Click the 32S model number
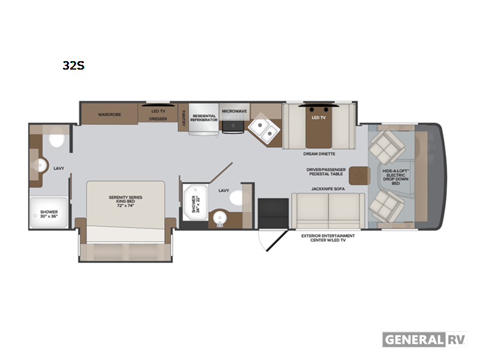[73, 65]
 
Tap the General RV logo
[425, 340]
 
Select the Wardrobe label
[110, 115]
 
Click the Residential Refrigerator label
[204, 118]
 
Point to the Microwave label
[234, 111]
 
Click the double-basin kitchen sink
[264, 129]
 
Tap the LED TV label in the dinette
[319, 118]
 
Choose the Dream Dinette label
[319, 154]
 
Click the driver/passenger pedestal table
[359, 176]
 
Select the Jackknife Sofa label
[328, 189]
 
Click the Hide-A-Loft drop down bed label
[396, 177]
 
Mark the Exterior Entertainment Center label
[328, 238]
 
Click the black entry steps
[273, 214]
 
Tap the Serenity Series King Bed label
[125, 202]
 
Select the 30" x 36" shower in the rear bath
[49, 212]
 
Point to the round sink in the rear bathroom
[40, 166]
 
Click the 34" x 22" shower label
[196, 204]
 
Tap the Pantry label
[184, 118]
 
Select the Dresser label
[158, 119]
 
